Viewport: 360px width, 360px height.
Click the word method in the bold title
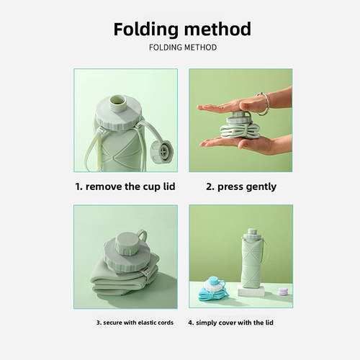(216, 30)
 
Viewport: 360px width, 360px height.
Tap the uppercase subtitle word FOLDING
(164, 48)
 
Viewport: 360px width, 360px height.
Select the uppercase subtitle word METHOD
(200, 48)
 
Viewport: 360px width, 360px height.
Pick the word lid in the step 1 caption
(166, 186)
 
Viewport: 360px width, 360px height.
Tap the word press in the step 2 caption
(227, 186)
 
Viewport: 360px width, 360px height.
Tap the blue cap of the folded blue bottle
(215, 281)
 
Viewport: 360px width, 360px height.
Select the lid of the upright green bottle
(253, 235)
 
